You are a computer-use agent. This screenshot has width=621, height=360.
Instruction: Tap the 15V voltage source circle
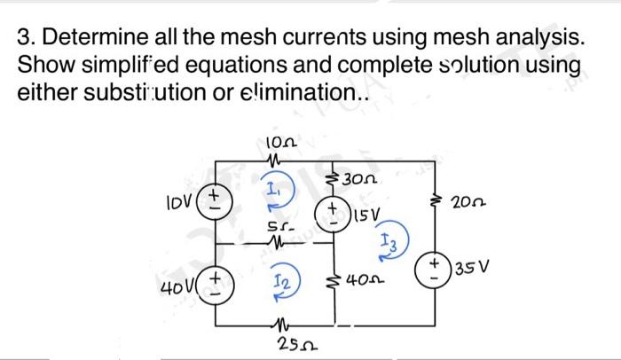[334, 214]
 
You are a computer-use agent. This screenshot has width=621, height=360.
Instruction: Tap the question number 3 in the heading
[25, 39]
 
